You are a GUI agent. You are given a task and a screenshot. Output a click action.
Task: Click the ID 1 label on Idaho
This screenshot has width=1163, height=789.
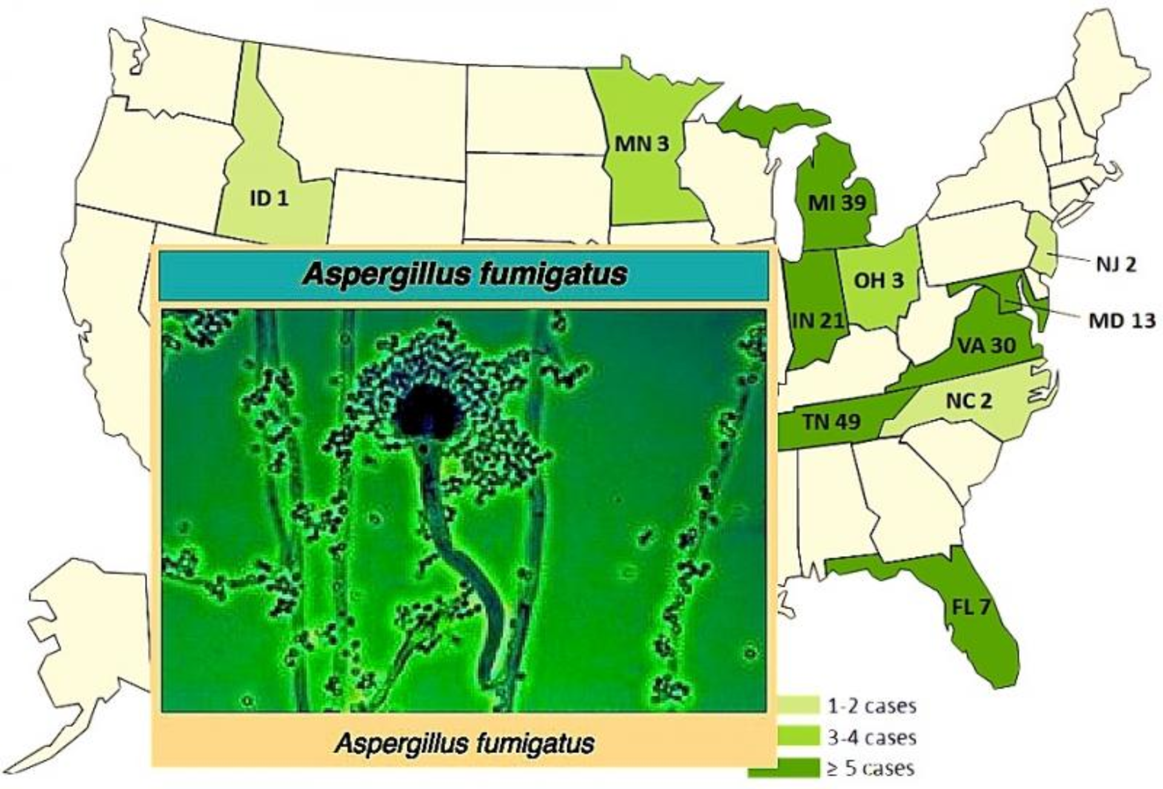coord(270,198)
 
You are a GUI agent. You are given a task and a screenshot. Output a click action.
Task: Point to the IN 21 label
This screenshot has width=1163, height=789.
coord(818,320)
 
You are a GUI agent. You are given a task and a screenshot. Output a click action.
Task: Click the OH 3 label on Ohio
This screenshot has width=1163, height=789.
coord(878,280)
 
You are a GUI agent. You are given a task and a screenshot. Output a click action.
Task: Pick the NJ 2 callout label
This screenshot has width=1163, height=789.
coord(1115,265)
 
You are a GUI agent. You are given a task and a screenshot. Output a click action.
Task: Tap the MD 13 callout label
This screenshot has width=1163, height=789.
coord(1122,320)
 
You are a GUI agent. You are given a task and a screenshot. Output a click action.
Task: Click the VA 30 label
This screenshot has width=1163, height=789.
coord(987,345)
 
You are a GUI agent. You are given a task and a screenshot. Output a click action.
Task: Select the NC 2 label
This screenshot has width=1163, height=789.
coord(969,400)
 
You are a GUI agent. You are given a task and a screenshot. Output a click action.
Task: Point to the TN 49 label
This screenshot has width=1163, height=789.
coord(831,421)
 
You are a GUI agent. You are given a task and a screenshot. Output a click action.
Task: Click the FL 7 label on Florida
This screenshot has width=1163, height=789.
coord(971,607)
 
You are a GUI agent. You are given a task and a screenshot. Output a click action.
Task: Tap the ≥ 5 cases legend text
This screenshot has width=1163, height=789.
coord(870,768)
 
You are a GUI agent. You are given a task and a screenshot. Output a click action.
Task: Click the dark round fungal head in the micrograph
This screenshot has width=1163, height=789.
coord(426,411)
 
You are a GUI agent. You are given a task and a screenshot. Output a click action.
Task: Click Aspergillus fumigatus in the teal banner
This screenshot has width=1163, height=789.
coord(465,275)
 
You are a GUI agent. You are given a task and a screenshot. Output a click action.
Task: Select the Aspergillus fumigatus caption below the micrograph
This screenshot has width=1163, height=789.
coord(465,743)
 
